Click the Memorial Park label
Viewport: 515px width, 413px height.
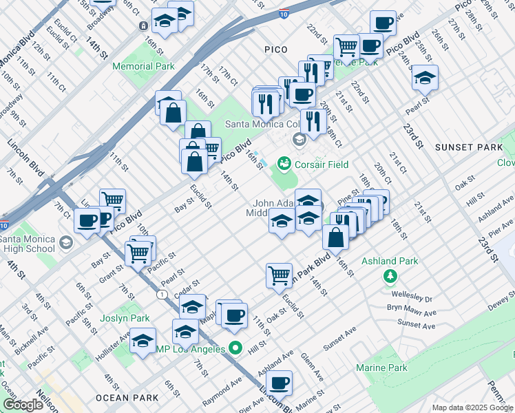(x=144, y=67)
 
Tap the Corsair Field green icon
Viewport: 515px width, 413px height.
(x=283, y=164)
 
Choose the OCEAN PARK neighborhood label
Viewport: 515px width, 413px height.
(x=127, y=398)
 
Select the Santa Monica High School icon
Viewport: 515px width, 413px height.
(x=66, y=242)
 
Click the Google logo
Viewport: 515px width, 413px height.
(x=23, y=405)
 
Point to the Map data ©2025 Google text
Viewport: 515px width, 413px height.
(x=472, y=407)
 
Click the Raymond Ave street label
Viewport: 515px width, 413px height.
(x=221, y=391)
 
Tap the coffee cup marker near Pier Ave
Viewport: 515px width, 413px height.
(x=279, y=383)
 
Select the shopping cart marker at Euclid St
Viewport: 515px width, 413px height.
(x=279, y=275)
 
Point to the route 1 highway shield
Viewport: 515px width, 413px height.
(x=161, y=294)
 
